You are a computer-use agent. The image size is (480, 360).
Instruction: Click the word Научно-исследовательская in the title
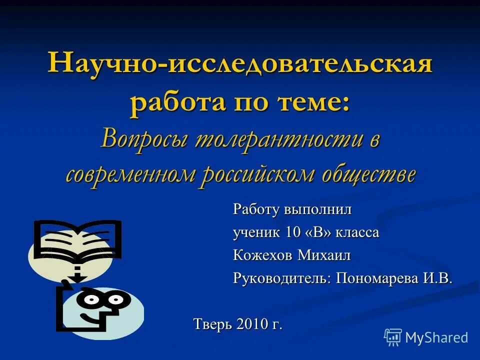click(240, 65)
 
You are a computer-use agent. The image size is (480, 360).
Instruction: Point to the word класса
click(357, 232)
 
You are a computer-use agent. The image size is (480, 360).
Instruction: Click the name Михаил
click(324, 255)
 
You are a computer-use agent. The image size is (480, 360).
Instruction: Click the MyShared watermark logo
click(426, 337)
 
